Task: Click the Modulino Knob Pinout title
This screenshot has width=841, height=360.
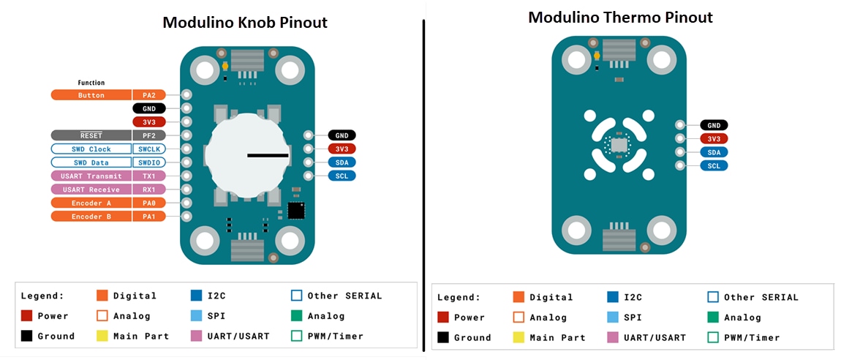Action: [244, 23]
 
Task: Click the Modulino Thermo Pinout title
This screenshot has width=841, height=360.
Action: [620, 17]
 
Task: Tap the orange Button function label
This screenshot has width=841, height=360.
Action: [91, 95]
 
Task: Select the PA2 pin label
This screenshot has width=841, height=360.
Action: [149, 95]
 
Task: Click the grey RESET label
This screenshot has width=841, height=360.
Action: [91, 135]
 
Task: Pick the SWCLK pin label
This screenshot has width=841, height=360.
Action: [149, 149]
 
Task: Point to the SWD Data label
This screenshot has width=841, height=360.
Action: [91, 162]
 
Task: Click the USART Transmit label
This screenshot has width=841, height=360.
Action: [91, 176]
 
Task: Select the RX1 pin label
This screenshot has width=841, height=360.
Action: [149, 190]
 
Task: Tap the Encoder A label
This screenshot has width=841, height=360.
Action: [91, 203]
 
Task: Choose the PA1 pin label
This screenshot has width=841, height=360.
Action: [149, 217]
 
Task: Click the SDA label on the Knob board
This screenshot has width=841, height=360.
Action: [342, 162]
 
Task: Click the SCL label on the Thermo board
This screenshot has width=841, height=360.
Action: [714, 165]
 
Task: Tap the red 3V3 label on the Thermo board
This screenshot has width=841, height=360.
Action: [714, 139]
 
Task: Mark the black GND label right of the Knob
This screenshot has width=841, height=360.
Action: [342, 135]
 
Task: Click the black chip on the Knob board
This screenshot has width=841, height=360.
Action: [296, 211]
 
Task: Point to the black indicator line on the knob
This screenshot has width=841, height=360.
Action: [268, 155]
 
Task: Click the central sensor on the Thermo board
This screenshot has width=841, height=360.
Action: [619, 146]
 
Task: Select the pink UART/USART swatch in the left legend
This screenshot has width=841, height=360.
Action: [195, 336]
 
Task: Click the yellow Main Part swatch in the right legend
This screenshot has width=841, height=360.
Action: [518, 337]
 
